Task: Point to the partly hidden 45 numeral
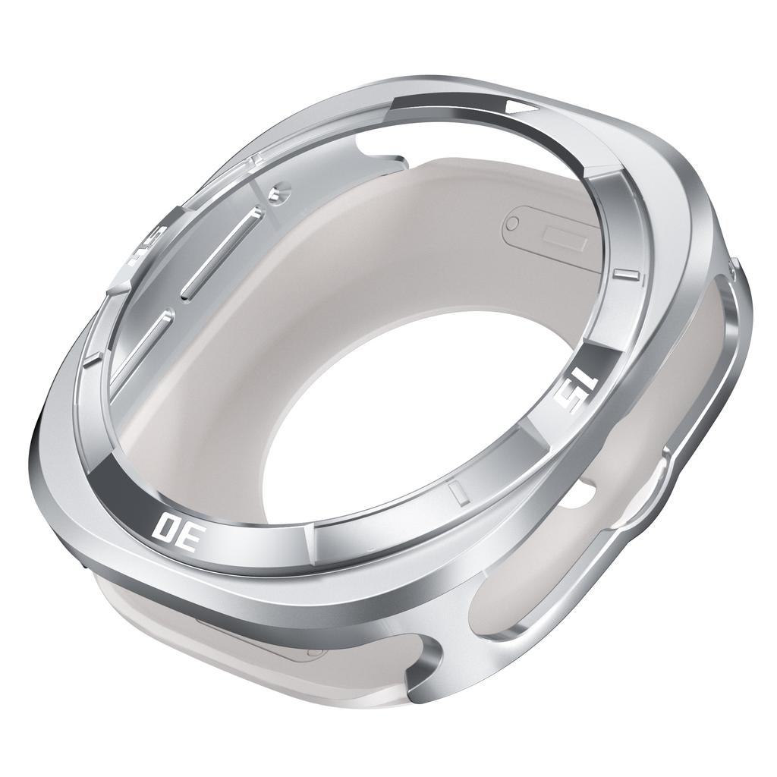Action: tap(147, 245)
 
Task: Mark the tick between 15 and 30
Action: tap(457, 492)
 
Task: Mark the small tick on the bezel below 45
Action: tap(91, 357)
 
